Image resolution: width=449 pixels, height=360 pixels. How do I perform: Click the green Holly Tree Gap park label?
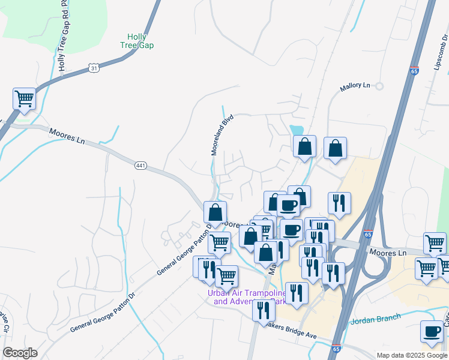click(137, 41)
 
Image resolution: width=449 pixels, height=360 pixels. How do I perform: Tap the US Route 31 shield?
click(93, 68)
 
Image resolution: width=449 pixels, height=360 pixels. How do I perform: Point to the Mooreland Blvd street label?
click(221, 136)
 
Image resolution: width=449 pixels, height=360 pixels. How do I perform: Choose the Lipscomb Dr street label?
click(440, 51)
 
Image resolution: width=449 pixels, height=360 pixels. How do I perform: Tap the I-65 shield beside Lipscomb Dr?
click(414, 70)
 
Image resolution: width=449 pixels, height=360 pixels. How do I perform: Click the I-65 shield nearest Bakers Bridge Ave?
click(336, 348)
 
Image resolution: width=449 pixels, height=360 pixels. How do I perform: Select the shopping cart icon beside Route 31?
click(24, 98)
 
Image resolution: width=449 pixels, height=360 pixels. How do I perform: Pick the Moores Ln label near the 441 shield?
click(67, 136)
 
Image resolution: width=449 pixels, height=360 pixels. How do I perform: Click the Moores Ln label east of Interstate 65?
click(388, 253)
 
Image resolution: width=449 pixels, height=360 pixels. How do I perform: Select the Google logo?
click(20, 353)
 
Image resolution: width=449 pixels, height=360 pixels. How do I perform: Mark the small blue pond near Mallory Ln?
click(297, 130)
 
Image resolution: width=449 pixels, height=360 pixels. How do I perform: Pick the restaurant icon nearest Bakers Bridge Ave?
click(264, 310)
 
